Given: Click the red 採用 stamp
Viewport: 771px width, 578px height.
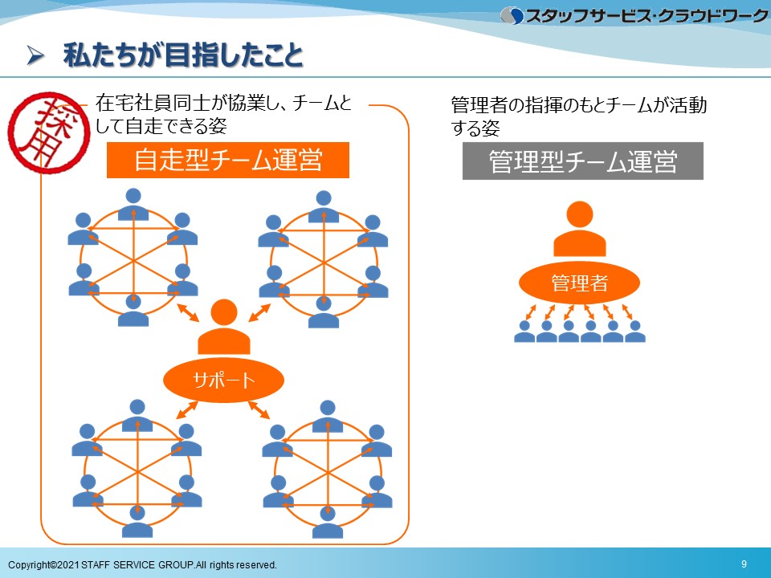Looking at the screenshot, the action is coord(49,132).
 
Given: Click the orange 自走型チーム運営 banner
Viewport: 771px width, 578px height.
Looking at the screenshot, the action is coord(228,161).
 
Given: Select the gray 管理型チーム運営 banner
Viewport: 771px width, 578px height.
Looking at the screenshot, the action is coord(583,161).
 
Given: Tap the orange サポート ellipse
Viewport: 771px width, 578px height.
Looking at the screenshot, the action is coord(224,380).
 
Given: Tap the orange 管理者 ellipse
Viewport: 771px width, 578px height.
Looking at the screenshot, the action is coord(579,283).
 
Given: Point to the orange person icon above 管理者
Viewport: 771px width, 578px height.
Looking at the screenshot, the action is coord(580,229).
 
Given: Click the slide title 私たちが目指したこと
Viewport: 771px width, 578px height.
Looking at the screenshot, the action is coord(183,55).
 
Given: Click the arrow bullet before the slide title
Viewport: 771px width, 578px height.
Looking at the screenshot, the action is coord(35,55).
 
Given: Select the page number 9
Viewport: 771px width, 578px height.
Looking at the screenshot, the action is coord(744,564).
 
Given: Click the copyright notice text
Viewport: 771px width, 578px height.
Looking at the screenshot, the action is coord(143,564).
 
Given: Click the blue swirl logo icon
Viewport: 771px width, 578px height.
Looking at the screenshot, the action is coord(512,16).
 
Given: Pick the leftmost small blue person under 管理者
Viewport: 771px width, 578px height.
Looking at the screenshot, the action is coord(524,332).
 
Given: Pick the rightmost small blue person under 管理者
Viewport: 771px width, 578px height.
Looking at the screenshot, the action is coord(634,332).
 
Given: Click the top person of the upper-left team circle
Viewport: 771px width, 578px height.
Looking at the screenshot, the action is coord(133,204).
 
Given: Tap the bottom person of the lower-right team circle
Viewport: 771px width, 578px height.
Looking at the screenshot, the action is coord(327,522).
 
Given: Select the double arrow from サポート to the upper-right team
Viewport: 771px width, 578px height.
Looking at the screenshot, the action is coord(259,312).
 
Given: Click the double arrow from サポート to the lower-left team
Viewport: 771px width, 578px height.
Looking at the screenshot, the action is coord(187,410).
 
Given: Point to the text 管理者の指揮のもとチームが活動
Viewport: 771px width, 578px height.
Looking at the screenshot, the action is coord(579,104).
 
